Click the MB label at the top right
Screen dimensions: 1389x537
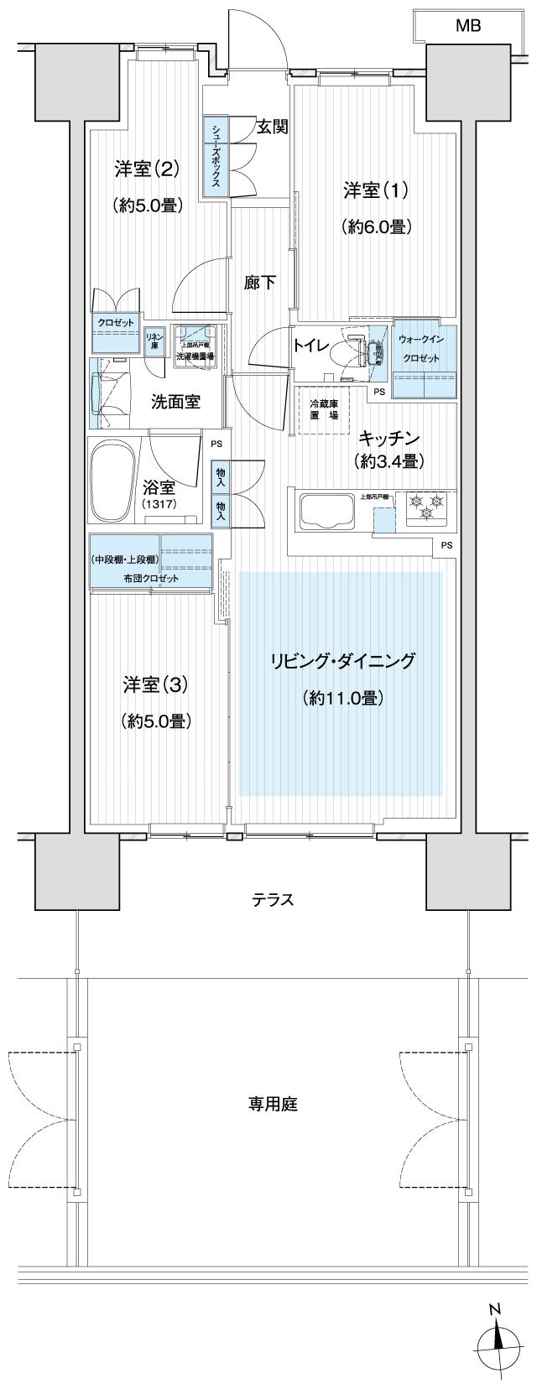click(468, 26)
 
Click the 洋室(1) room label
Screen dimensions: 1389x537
click(375, 190)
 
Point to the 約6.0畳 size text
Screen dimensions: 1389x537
click(375, 226)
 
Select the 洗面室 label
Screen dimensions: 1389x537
click(175, 401)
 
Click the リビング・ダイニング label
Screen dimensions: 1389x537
click(342, 661)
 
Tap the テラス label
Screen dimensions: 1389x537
click(274, 900)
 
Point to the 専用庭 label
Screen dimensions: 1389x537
click(273, 1104)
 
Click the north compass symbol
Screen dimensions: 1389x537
click(498, 1341)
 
